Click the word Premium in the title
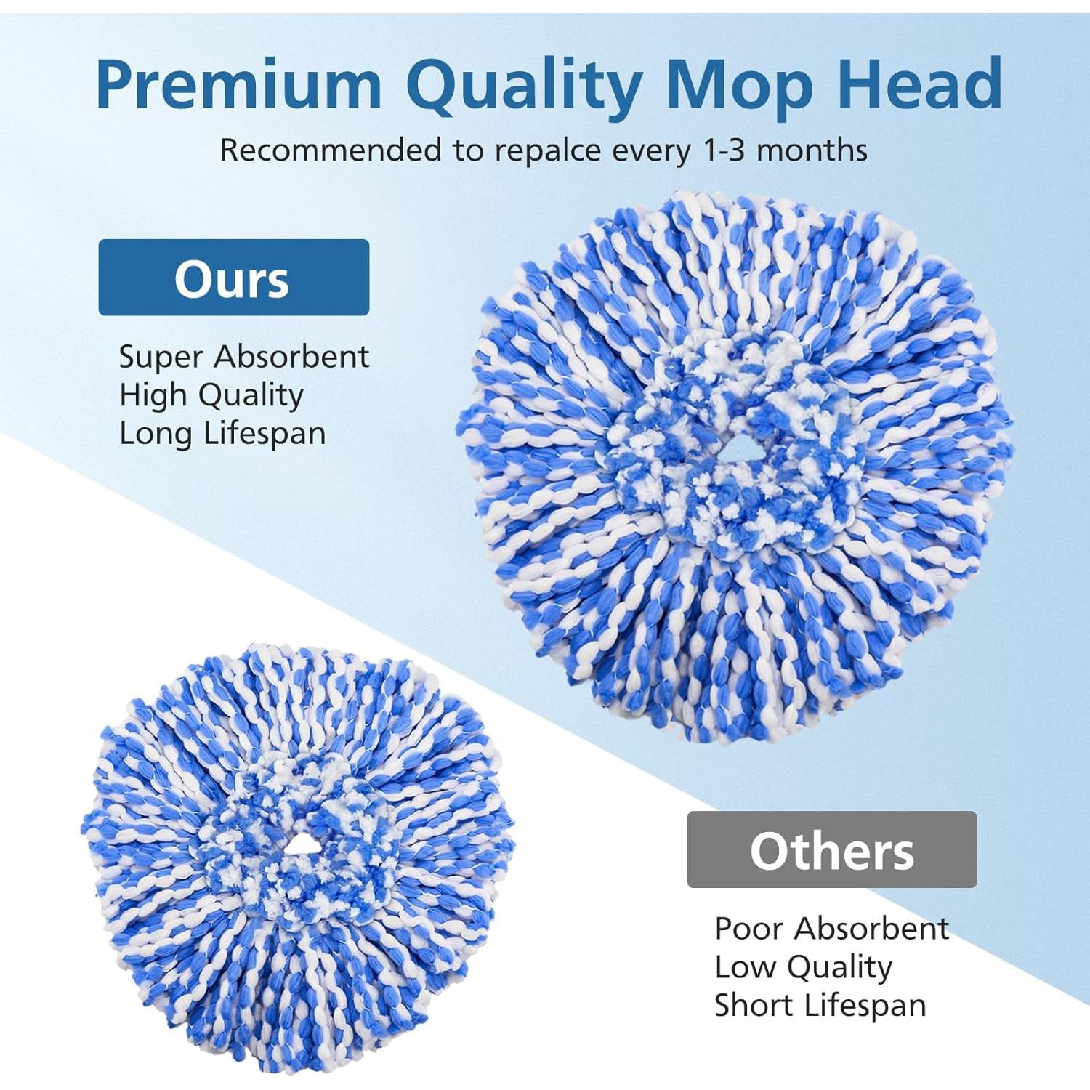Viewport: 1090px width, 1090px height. [x=238, y=85]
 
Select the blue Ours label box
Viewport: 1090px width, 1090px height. [x=233, y=278]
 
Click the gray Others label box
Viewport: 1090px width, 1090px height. [x=831, y=849]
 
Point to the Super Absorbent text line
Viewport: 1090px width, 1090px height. [x=243, y=357]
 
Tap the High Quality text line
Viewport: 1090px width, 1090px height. [x=211, y=395]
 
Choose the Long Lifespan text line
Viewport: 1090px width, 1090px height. [x=222, y=434]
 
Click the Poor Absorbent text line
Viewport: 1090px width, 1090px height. [x=831, y=929]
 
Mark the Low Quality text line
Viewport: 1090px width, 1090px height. [x=803, y=967]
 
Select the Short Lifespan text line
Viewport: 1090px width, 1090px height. [x=820, y=1006]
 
